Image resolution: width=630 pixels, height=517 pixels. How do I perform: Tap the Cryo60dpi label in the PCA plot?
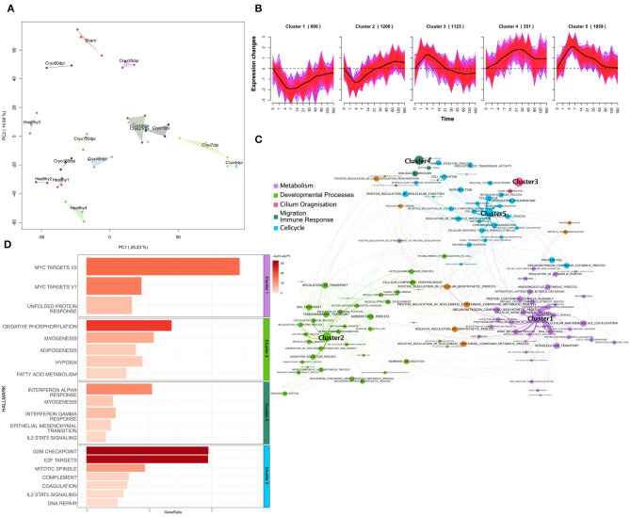pyautogui.click(x=54, y=63)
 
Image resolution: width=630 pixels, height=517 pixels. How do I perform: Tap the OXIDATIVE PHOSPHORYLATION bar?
pyautogui.click(x=128, y=326)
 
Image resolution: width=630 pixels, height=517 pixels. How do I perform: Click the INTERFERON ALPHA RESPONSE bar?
pyautogui.click(x=119, y=389)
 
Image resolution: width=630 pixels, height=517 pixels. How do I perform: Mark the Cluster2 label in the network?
pyautogui.click(x=332, y=337)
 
